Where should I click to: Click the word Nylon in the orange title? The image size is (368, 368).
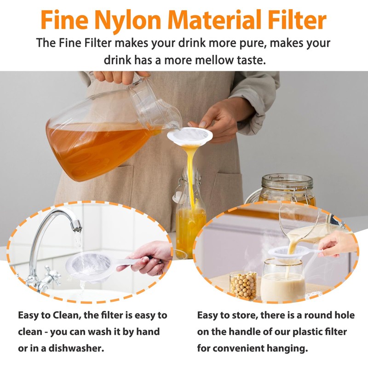(x=128, y=20)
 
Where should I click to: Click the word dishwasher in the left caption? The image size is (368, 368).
(x=76, y=348)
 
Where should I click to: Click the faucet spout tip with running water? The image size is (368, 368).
(x=77, y=226)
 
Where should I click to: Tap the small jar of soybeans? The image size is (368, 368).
(x=243, y=285)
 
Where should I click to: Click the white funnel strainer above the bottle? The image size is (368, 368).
(x=190, y=136)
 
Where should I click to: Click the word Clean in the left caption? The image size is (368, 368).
(x=66, y=315)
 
